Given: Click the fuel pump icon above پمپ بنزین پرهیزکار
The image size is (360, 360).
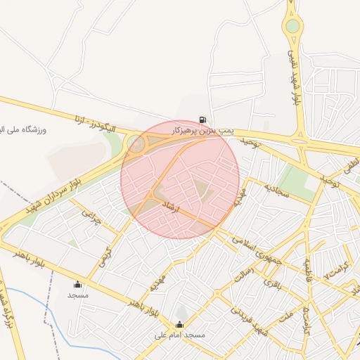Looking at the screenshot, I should point(202,120).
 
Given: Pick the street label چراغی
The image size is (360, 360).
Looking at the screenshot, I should point(92,217).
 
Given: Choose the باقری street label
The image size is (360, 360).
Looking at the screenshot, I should point(271,283).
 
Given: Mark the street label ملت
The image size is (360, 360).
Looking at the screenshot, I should point(285,318).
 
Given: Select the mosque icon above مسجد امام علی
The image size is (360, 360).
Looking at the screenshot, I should point(180,325).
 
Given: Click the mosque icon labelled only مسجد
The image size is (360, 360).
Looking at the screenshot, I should point(77,284).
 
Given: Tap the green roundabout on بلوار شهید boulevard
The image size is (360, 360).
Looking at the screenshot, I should point(292,27).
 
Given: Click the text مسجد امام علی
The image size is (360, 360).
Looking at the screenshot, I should point(180,335).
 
